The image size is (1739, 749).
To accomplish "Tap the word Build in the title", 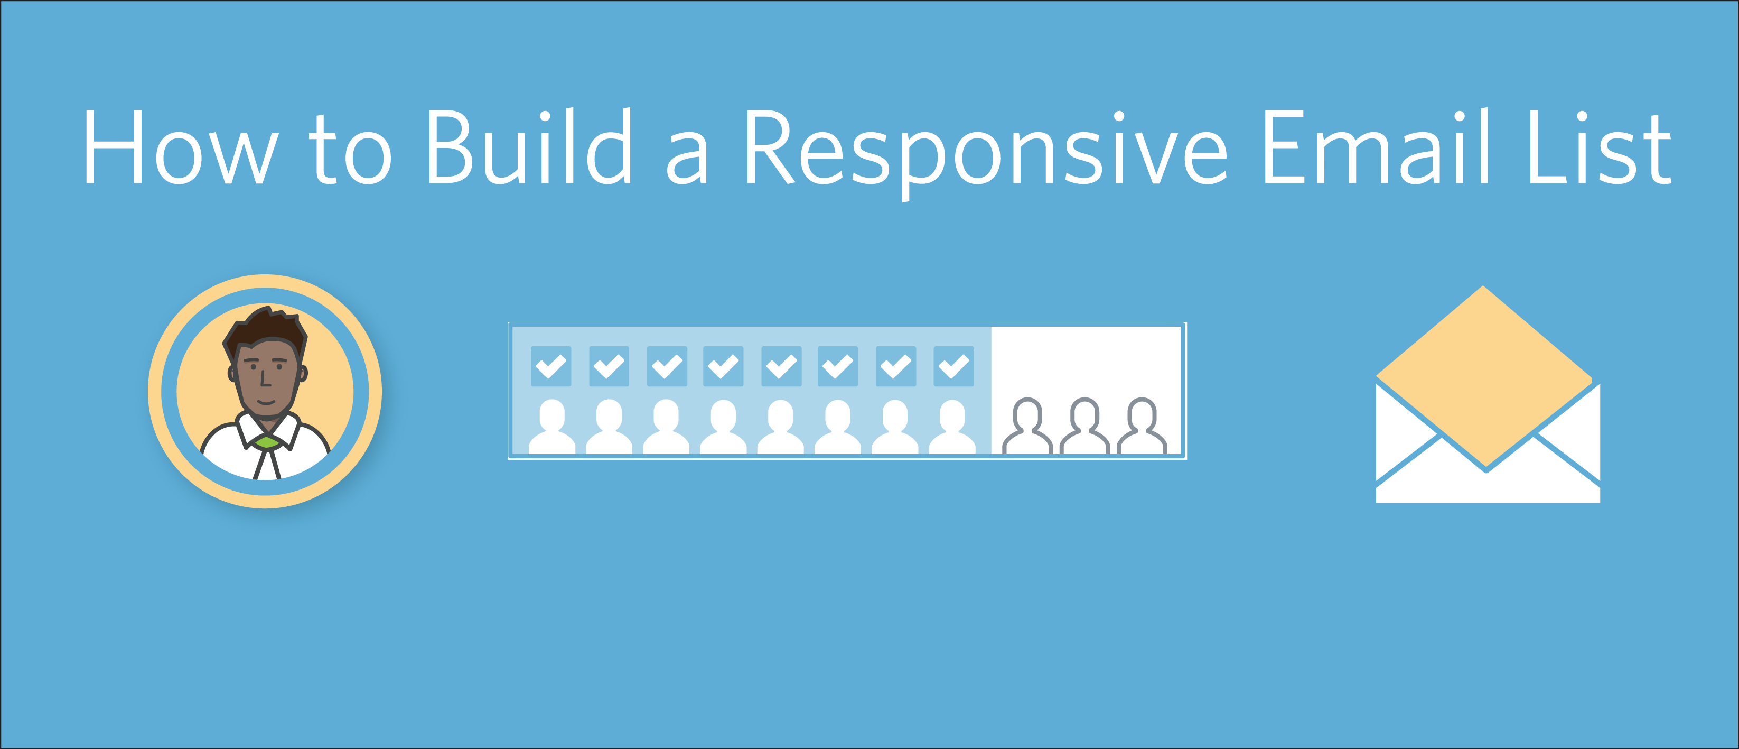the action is tap(530, 146).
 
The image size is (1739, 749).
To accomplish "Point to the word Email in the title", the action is tap(1375, 146).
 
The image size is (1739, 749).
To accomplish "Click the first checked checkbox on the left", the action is tap(551, 366).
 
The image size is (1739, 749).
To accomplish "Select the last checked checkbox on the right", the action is tap(953, 366).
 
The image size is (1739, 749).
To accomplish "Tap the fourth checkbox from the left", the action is tap(723, 366).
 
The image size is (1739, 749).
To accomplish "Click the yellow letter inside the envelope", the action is tap(1484, 375).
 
